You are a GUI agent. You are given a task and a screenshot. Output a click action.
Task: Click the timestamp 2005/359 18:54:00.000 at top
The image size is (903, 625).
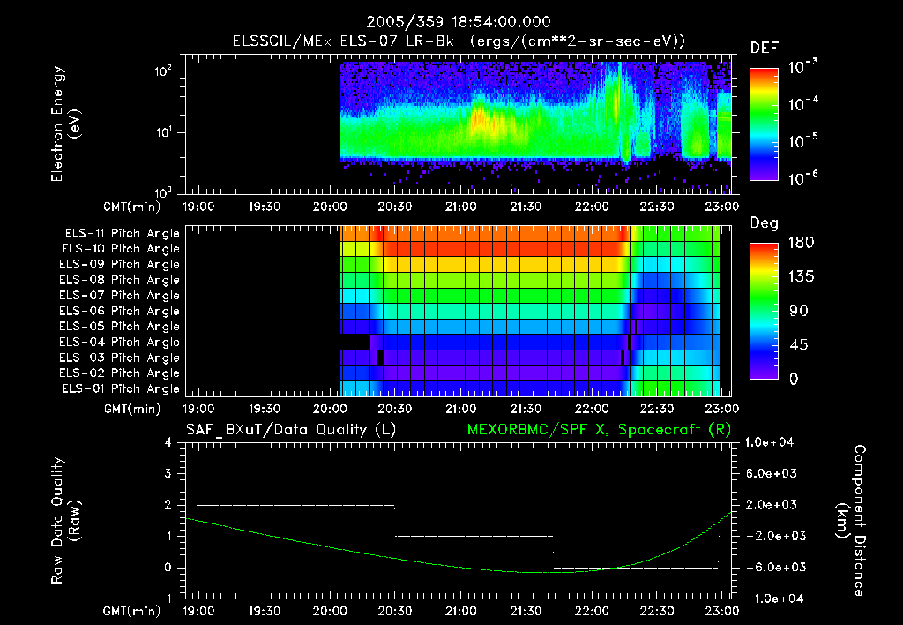coord(451,21)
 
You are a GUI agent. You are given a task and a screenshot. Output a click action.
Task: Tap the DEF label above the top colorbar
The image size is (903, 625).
coord(764,49)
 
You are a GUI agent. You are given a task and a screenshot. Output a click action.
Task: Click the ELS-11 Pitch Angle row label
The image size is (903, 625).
coord(122,233)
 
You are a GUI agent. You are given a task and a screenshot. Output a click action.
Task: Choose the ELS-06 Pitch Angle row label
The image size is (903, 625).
coord(122,311)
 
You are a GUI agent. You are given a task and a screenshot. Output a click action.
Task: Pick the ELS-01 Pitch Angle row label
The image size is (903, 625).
coord(122,388)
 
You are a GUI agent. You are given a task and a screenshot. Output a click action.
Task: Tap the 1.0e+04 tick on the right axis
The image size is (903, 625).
coord(772,442)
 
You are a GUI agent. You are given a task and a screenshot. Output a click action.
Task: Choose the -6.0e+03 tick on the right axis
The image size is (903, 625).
coord(772,567)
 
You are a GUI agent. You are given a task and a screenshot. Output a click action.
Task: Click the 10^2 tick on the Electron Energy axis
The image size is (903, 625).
coord(162,72)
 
